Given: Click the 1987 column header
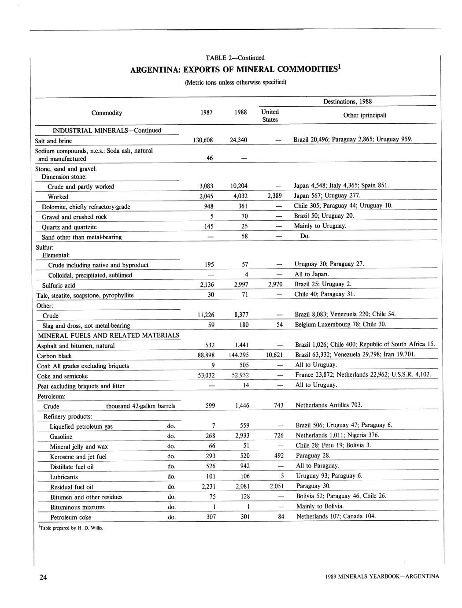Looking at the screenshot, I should coord(207,112).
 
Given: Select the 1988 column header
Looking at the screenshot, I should coord(240,112).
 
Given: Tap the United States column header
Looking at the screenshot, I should coord(270,115).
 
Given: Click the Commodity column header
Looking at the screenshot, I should coord(107,113).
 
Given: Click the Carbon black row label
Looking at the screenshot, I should coord(54,356).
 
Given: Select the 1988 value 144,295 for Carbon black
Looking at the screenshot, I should coord(238,355).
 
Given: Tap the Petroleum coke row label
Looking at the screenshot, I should coord(70,517).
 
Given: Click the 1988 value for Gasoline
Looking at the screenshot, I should coord(242,436).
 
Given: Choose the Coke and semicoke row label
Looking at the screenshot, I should coord(62,376).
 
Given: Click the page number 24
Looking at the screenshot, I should coord(43,578).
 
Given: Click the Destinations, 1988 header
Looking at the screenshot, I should coord(347,102).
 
